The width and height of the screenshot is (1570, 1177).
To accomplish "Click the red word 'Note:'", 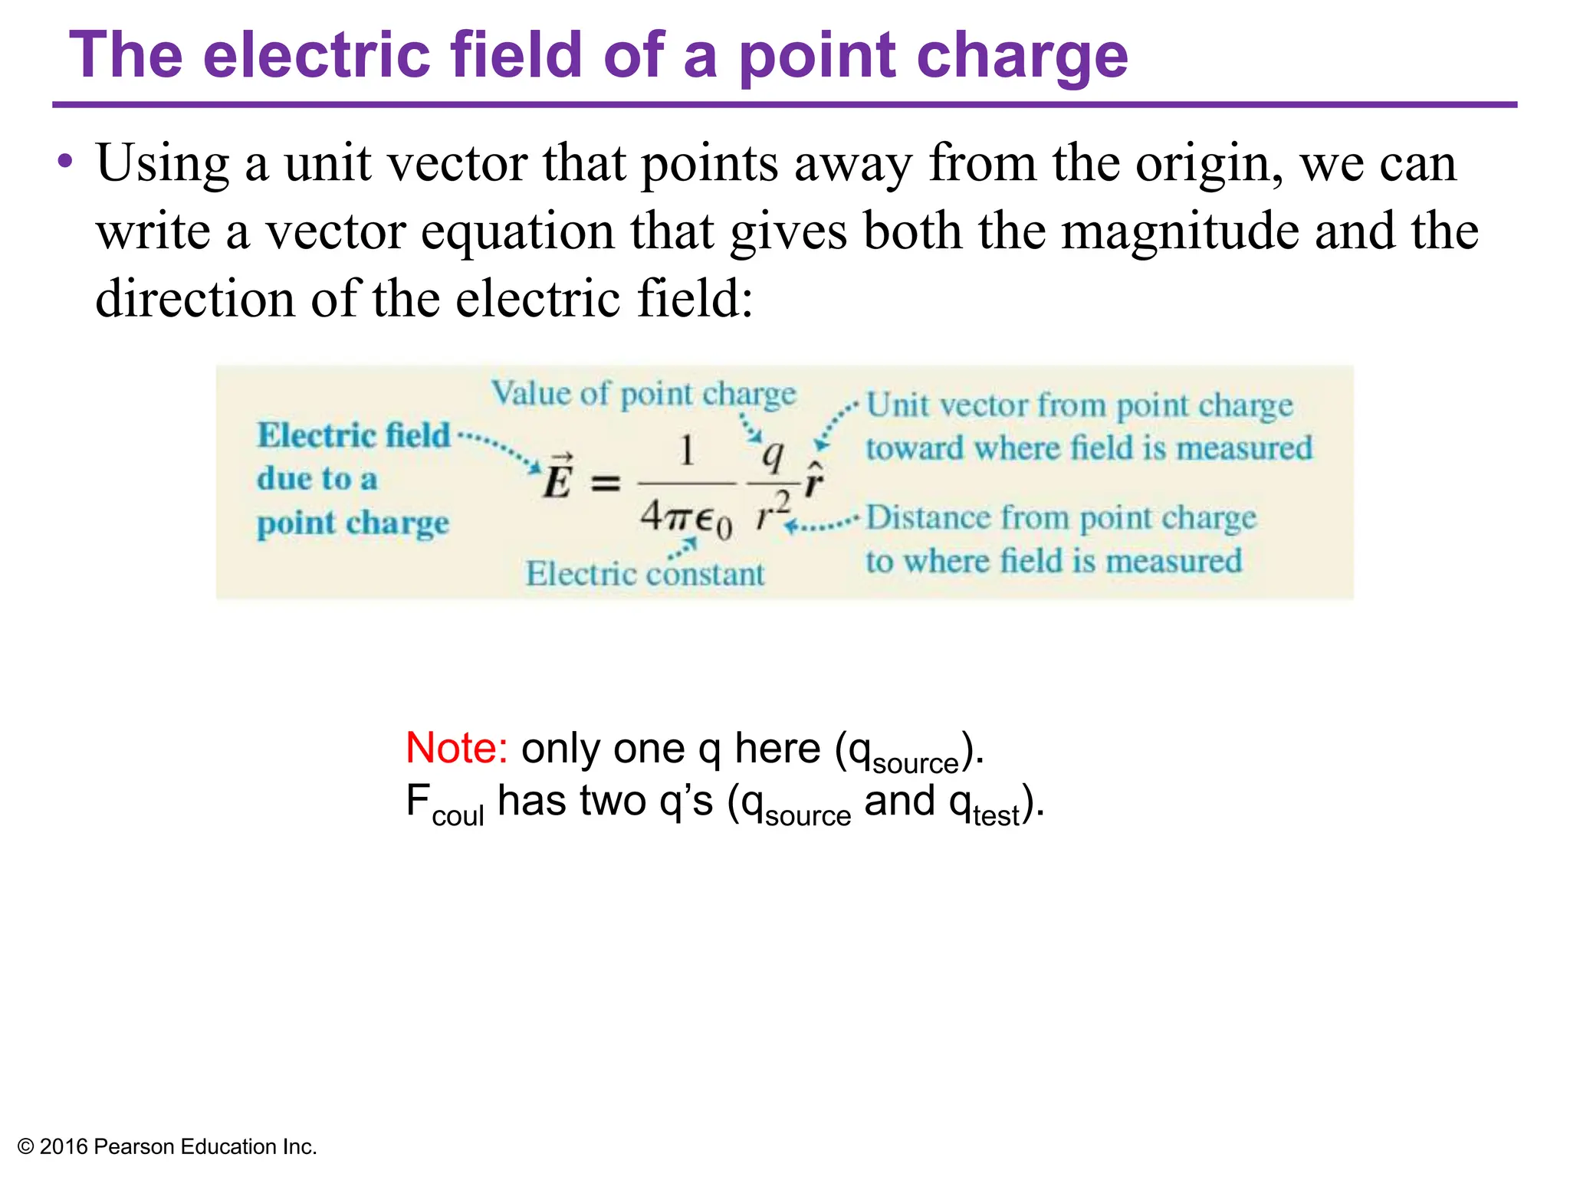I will pyautogui.click(x=456, y=748).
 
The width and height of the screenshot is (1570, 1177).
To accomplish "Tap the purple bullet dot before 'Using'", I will pyautogui.click(x=66, y=162).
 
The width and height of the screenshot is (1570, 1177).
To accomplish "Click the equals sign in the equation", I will pyautogui.click(x=606, y=483).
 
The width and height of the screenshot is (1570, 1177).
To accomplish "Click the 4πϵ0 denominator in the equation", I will pyautogui.click(x=686, y=520).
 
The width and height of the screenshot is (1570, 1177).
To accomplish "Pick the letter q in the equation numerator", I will pyautogui.click(x=773, y=457).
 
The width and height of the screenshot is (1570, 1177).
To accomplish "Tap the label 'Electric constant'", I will pyautogui.click(x=645, y=574).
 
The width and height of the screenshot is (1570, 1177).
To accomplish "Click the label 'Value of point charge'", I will pyautogui.click(x=644, y=394).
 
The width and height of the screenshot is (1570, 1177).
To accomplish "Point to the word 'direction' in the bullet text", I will pyautogui.click(x=195, y=298).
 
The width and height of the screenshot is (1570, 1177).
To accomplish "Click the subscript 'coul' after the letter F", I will pyautogui.click(x=458, y=815).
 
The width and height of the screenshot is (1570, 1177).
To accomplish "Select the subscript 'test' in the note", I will pyautogui.click(x=997, y=815).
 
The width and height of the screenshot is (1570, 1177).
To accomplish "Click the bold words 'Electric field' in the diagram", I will pyautogui.click(x=354, y=434).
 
